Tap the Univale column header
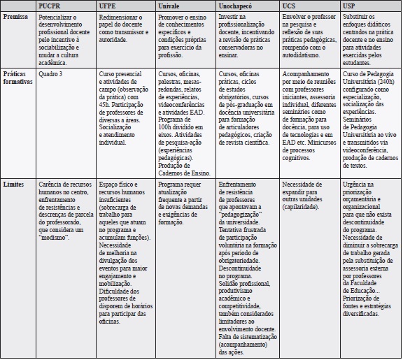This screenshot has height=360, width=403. pyautogui.click(x=171, y=6)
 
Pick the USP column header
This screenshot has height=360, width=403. pyautogui.click(x=348, y=6)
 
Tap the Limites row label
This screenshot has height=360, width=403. pyautogui.click(x=14, y=185)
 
